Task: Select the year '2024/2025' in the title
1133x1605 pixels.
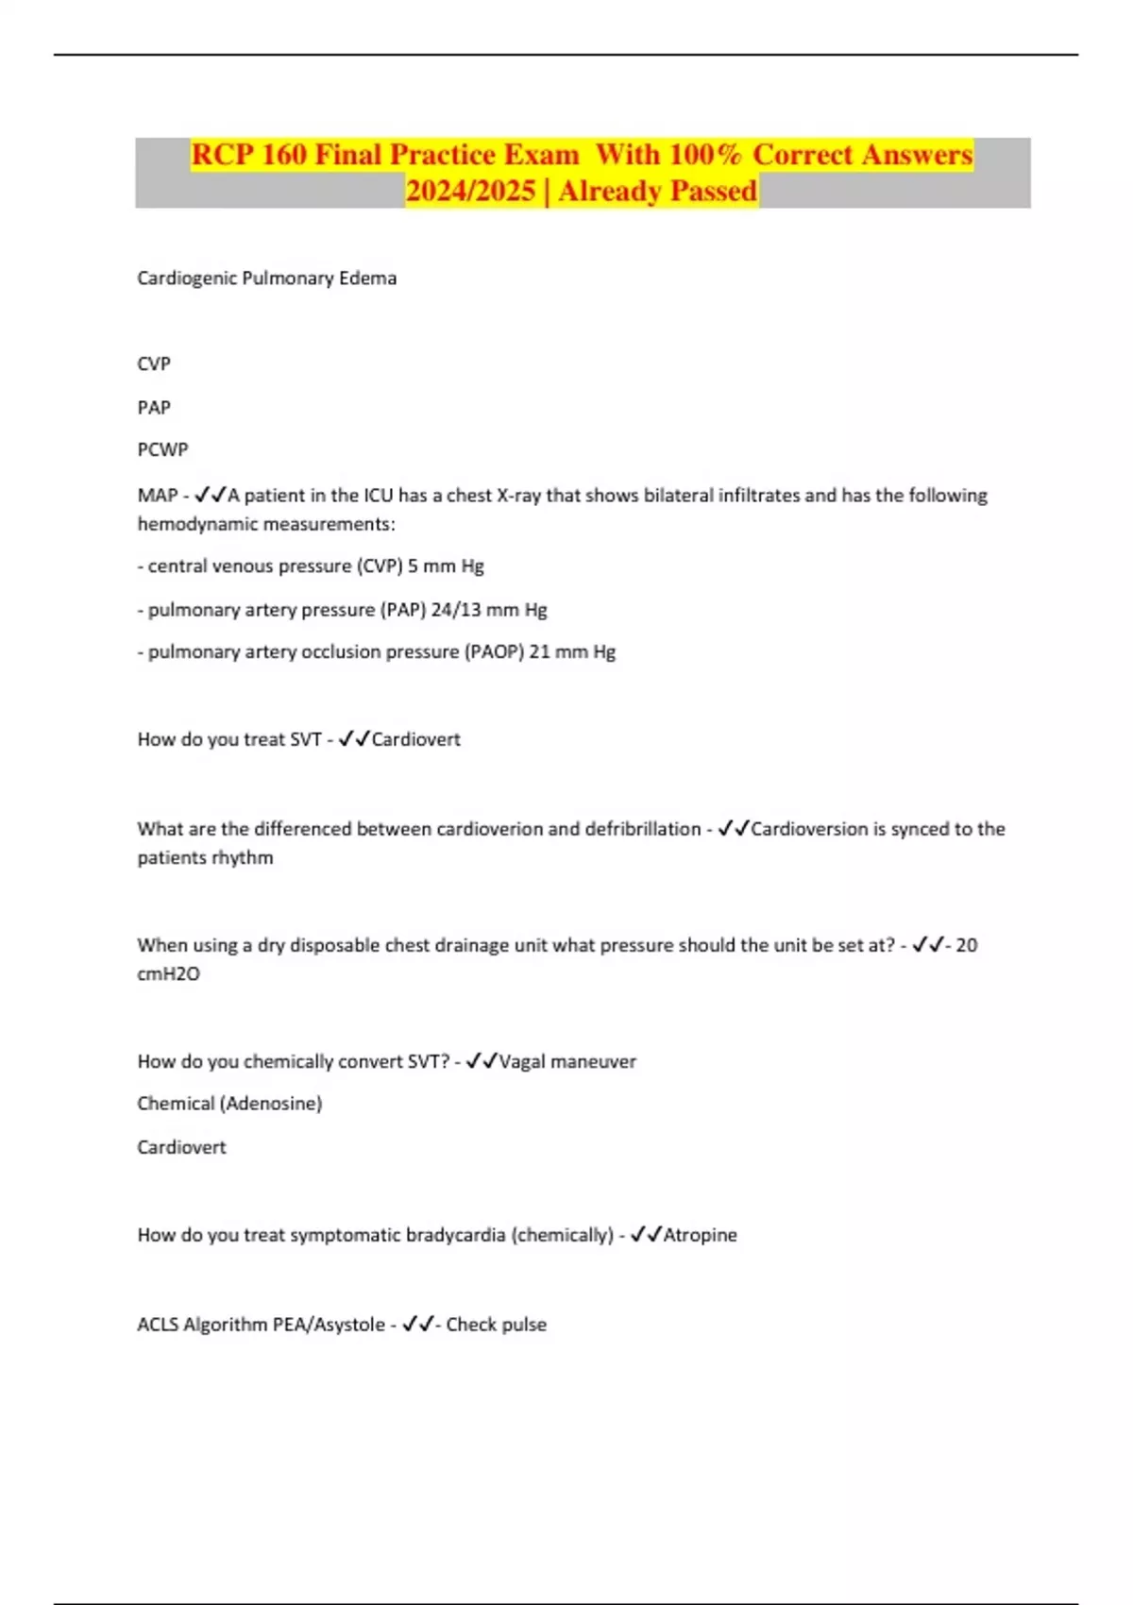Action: (470, 191)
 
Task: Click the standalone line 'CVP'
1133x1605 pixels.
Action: (154, 363)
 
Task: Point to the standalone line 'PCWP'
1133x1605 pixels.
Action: (162, 449)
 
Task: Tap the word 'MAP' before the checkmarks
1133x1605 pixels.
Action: (157, 495)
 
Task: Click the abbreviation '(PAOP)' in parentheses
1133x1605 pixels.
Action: (494, 651)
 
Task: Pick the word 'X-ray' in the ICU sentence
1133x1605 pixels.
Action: (518, 495)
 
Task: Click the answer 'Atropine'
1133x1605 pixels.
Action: (700, 1234)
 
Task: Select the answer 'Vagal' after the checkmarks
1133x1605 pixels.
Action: (521, 1061)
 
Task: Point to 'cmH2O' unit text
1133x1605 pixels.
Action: (168, 973)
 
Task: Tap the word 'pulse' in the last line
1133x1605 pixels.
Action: (523, 1325)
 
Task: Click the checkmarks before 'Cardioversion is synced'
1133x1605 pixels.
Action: (734, 829)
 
